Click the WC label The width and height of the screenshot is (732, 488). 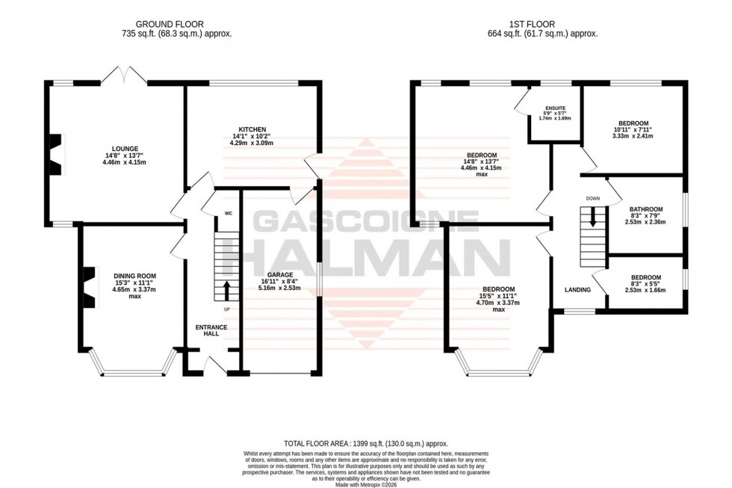tap(227, 214)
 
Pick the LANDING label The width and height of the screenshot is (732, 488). tap(577, 290)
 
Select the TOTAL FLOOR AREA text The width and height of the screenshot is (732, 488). tap(365, 443)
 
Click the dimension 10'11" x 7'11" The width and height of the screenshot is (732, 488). tap(633, 129)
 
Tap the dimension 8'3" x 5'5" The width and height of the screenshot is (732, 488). tap(645, 284)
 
